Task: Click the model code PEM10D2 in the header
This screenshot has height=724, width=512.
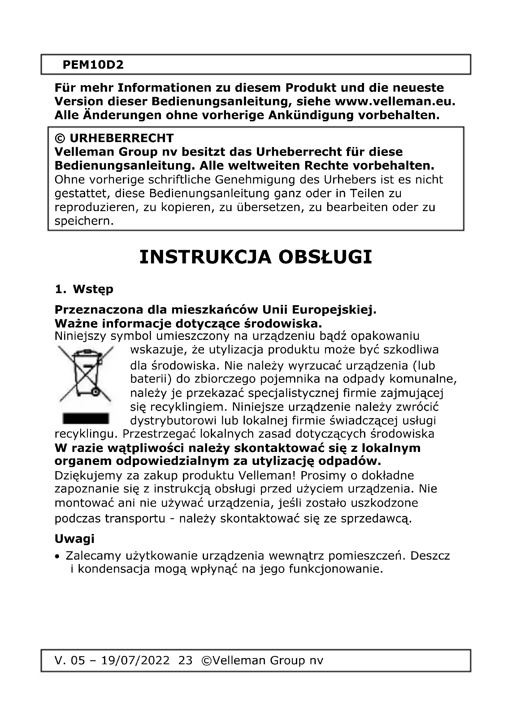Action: (x=93, y=65)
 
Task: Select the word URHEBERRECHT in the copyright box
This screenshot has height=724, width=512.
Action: (x=121, y=138)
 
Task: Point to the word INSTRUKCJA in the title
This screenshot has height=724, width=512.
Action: (x=205, y=257)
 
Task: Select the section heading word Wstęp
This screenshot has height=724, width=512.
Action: (x=93, y=289)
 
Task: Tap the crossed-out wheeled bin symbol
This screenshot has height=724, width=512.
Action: (x=85, y=374)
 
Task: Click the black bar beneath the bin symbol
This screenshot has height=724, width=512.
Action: (x=86, y=419)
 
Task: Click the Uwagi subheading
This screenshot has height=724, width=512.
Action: (x=74, y=539)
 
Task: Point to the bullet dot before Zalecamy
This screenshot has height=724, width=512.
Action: (x=57, y=557)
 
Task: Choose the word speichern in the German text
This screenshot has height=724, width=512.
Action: (x=84, y=221)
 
